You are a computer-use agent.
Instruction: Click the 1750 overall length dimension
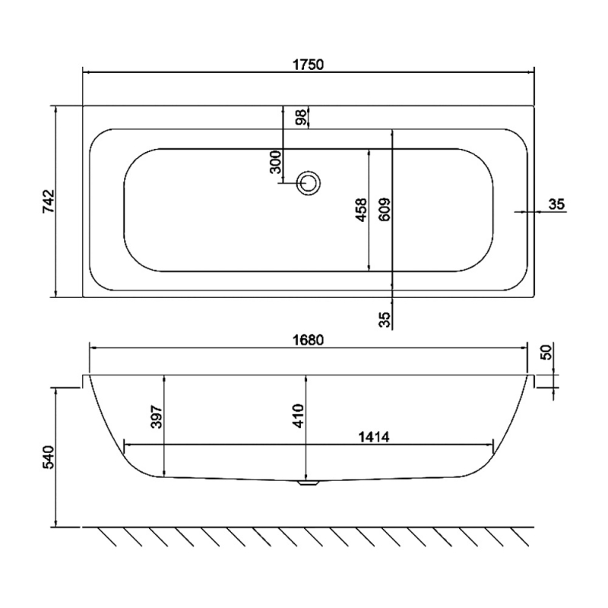click(x=309, y=65)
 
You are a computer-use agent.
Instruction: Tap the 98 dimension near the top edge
click(x=301, y=118)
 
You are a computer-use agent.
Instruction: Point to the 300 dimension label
click(x=275, y=162)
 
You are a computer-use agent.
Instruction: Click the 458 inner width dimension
click(x=361, y=210)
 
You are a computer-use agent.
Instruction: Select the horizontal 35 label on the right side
click(x=556, y=204)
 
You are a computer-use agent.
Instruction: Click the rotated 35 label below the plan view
click(x=385, y=318)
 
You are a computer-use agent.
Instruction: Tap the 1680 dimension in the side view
click(x=309, y=340)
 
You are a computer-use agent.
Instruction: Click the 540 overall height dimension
click(x=47, y=459)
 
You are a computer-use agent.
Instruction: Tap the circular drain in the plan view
click(x=309, y=182)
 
